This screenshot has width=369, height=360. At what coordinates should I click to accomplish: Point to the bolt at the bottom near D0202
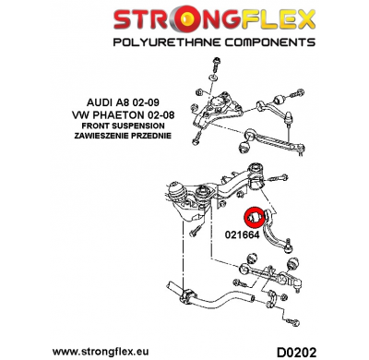click(294, 323)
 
